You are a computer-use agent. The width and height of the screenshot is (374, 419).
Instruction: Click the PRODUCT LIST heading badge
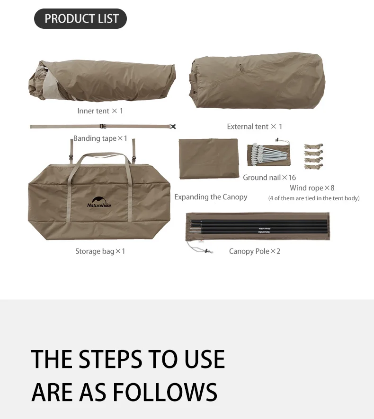pos(80,18)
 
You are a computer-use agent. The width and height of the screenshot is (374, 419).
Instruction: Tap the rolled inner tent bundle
pos(102,81)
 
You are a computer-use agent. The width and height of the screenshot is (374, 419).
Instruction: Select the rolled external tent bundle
pos(257,80)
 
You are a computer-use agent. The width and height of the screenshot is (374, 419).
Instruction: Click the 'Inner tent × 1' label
pos(100,111)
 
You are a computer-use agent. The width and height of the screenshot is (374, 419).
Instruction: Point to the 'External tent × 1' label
pos(255,127)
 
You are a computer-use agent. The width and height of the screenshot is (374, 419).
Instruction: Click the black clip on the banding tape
pos(173,127)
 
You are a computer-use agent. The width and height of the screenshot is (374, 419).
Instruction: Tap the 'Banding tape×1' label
pos(100,138)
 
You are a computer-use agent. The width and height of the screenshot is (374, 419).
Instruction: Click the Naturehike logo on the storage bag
pos(99,202)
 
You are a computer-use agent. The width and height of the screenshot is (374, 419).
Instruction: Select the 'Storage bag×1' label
pos(100,251)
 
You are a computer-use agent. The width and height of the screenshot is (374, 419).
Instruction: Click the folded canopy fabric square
pos(209,158)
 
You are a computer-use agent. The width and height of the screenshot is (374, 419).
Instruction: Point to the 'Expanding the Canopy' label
pos(211,197)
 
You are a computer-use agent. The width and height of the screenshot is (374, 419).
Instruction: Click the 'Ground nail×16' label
pos(269,178)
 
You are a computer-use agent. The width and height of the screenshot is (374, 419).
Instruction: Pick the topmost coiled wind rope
pos(313,146)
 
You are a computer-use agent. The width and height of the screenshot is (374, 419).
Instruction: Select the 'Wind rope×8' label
pos(312,188)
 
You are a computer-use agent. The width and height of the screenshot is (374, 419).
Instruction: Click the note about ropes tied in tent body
pos(314,198)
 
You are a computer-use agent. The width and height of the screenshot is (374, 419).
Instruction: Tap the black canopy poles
pos(259,227)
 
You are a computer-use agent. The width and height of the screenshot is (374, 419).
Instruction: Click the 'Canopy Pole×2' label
pos(255,251)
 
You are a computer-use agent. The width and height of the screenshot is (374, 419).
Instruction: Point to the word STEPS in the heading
pos(111,359)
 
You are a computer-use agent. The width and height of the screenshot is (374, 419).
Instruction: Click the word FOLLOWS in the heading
pos(165,392)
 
